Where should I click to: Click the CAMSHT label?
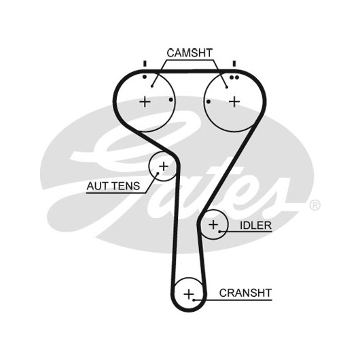pyautogui.click(x=190, y=53)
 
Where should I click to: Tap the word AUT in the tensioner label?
pyautogui.click(x=96, y=185)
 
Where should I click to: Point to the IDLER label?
pyautogui.click(x=255, y=226)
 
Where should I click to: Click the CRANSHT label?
pyautogui.click(x=245, y=293)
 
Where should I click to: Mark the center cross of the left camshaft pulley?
pyautogui.click(x=145, y=102)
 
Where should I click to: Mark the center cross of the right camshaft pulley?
pyautogui.click(x=234, y=101)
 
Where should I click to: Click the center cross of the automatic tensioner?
pyautogui.click(x=164, y=166)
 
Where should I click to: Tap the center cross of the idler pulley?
pyautogui.click(x=213, y=224)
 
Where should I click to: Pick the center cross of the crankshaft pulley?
pyautogui.click(x=189, y=294)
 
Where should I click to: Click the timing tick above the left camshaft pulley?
pyautogui.click(x=145, y=64)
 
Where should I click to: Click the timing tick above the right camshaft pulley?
pyautogui.click(x=234, y=64)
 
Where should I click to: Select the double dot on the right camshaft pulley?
pyautogui.click(x=234, y=77)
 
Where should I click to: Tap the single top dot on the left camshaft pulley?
pyautogui.click(x=145, y=77)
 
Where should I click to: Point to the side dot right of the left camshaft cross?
pyautogui.click(x=170, y=100)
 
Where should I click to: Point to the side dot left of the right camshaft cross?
pyautogui.click(x=209, y=101)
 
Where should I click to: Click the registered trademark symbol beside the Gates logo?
pyautogui.click(x=315, y=205)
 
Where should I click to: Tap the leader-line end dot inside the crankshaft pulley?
pyautogui.click(x=194, y=300)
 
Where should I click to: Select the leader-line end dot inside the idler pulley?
pyautogui.click(x=219, y=232)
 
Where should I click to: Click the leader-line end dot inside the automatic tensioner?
pyautogui.click(x=158, y=173)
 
